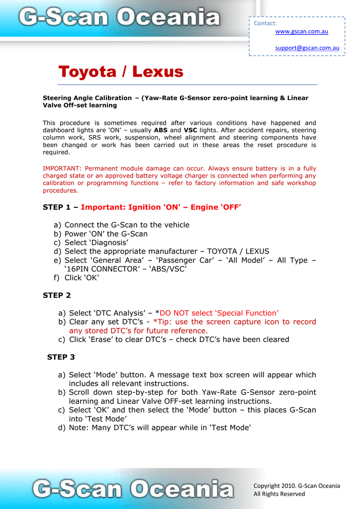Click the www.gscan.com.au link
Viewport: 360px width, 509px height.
[x=301, y=32]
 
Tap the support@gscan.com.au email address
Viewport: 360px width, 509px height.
[x=307, y=48]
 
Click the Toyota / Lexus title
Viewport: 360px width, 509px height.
[x=121, y=72]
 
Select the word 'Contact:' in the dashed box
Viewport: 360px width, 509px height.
[x=265, y=23]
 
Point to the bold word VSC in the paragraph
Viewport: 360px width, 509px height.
[x=190, y=130]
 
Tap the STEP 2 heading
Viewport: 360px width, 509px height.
[x=57, y=295]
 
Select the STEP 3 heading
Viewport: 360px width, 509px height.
[x=61, y=357]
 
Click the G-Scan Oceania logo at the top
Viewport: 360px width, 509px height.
[x=119, y=18]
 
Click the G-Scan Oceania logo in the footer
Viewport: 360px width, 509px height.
[x=132, y=489]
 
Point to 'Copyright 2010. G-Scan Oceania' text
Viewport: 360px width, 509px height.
[x=296, y=486]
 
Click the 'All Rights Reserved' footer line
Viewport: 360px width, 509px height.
[x=279, y=494]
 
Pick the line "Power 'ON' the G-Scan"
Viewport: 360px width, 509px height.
[x=106, y=234]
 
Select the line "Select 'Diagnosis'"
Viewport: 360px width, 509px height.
[x=96, y=243]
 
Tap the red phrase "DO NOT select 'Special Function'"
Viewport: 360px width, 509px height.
[x=219, y=313]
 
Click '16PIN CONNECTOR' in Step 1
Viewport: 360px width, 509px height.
[x=104, y=269]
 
